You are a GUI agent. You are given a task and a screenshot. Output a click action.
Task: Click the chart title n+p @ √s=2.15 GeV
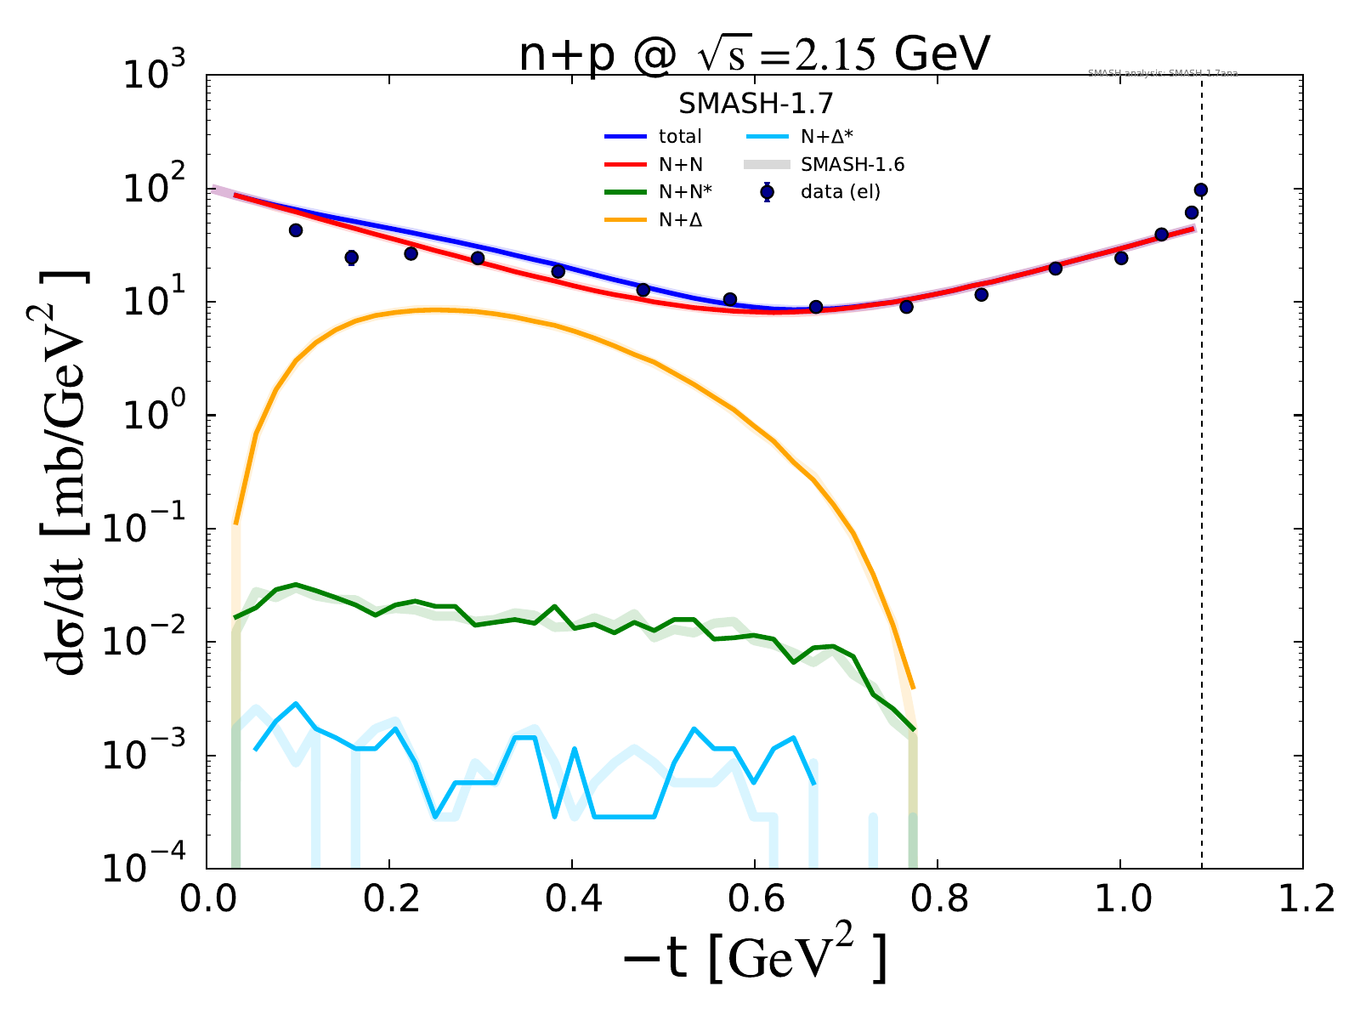tap(755, 56)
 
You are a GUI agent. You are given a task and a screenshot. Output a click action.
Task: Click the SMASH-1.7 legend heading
tap(755, 104)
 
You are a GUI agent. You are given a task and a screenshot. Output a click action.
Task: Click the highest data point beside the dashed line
tap(1201, 190)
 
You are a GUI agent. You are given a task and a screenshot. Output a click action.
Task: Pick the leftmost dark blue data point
tap(296, 230)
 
